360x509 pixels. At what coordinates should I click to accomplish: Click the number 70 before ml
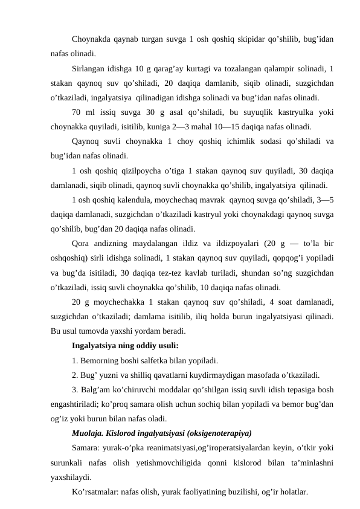click(x=77, y=112)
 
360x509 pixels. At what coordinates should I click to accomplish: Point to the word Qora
click(x=82, y=245)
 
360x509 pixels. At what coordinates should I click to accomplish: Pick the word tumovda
click(x=106, y=331)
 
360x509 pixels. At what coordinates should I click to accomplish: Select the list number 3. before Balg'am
click(x=75, y=390)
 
